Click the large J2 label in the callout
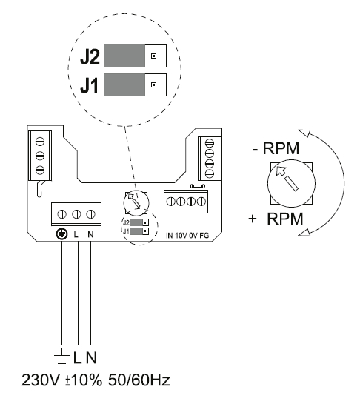90,57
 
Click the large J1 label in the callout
89,86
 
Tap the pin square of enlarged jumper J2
153,56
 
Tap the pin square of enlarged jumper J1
153,85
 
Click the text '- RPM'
276,148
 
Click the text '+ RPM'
276,219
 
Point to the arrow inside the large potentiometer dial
287,179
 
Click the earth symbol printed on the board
61,234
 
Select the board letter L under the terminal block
76,234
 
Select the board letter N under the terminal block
90,234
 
